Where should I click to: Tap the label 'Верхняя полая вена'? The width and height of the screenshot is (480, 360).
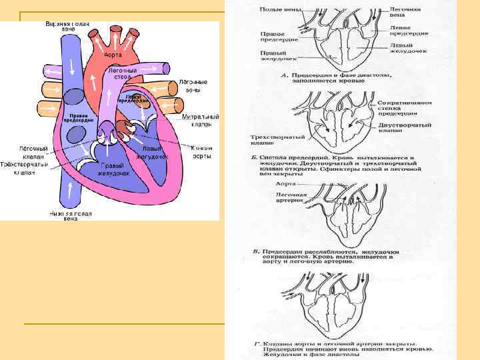click(x=67, y=27)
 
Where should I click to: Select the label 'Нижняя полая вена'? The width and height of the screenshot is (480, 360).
click(x=71, y=216)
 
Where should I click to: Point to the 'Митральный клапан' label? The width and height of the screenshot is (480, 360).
click(x=197, y=120)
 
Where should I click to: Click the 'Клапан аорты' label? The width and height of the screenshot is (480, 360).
click(x=201, y=152)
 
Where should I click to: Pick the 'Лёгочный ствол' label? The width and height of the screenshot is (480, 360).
click(x=122, y=73)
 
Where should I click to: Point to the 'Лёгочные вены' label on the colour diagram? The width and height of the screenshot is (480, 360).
click(x=193, y=85)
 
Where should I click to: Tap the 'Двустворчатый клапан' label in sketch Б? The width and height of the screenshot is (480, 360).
click(x=404, y=128)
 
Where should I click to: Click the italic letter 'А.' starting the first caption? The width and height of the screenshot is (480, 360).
click(x=285, y=75)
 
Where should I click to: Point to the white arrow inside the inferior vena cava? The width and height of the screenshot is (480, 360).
click(x=68, y=181)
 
